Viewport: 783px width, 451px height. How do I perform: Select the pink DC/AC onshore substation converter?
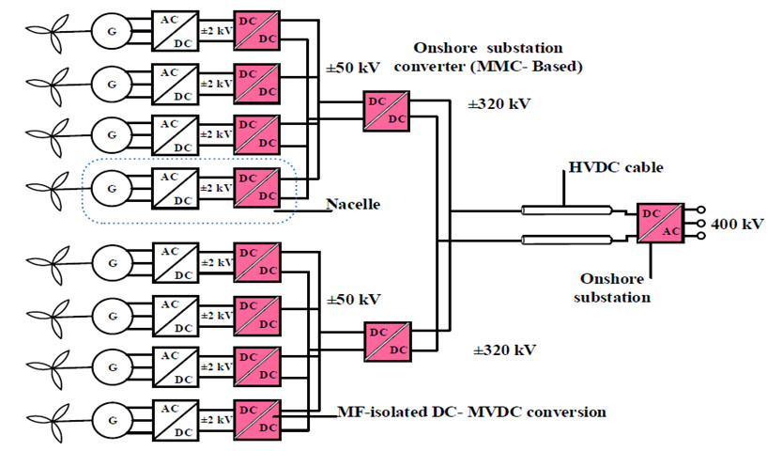[x=659, y=224]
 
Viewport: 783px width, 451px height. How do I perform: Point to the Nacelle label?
[x=353, y=204]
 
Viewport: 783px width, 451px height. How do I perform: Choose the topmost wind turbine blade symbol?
[x=41, y=29]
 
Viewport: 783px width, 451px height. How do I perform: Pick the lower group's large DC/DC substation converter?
[x=386, y=341]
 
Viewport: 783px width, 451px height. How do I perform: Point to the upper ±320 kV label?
[x=499, y=103]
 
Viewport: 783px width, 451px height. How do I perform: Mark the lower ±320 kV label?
[x=505, y=350]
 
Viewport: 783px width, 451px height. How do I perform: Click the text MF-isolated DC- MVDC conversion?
[x=470, y=412]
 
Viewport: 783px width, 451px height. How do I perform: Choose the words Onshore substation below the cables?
[x=616, y=288]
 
